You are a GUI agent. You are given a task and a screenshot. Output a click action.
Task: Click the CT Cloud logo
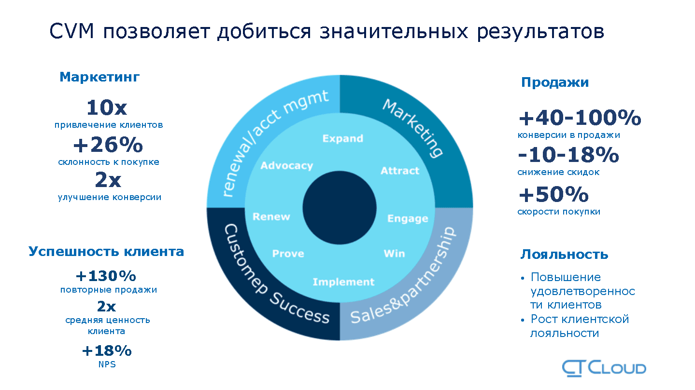604,368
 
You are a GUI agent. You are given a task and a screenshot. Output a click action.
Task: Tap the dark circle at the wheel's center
340,208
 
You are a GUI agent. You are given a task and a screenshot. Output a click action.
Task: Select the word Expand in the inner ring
343,138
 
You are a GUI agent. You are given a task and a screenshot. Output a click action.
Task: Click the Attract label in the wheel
400,170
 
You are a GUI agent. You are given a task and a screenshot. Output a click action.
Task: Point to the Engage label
408,218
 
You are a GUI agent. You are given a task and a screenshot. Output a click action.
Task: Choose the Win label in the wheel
395,254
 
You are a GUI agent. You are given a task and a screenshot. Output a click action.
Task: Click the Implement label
343,282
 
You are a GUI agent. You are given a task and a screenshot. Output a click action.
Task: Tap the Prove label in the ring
288,254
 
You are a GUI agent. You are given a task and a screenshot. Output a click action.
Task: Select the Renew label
271,216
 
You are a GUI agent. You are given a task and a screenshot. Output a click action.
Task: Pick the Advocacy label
287,166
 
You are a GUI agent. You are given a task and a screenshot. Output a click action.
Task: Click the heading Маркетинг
99,77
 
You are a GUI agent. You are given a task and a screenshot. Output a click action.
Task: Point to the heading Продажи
555,82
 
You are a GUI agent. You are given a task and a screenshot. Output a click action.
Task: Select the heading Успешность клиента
106,252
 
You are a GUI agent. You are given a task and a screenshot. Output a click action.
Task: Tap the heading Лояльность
565,255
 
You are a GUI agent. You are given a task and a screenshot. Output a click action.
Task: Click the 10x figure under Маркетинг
107,108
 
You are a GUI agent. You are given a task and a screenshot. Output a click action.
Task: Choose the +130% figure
106,276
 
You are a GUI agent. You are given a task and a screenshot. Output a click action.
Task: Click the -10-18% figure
568,155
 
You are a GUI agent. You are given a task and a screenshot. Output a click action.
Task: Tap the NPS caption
107,364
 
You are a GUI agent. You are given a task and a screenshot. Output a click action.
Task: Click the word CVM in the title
71,31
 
